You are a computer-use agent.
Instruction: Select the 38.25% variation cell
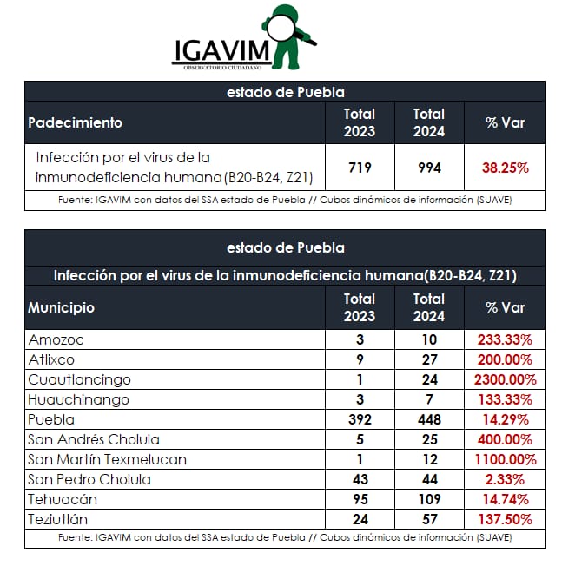point(505,168)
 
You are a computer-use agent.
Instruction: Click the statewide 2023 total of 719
point(359,168)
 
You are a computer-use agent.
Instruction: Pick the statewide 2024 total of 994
point(428,168)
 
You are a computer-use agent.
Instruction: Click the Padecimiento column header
point(76,122)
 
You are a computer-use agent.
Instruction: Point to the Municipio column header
point(62,307)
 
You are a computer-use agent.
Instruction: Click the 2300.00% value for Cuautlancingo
point(505,379)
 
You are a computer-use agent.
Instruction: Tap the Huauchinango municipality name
point(78,399)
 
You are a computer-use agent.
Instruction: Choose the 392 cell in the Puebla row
point(359,419)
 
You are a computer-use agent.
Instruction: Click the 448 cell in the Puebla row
point(428,419)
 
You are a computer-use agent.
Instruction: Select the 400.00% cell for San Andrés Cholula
point(505,439)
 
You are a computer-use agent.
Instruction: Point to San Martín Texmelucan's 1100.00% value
point(505,459)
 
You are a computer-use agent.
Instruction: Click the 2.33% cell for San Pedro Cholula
point(505,479)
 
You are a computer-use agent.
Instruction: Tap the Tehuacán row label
point(63,499)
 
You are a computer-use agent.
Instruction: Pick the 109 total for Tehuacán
point(428,499)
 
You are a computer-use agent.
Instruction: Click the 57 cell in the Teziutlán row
point(428,519)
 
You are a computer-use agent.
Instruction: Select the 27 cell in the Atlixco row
point(428,359)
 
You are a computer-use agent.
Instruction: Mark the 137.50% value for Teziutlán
point(505,519)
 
